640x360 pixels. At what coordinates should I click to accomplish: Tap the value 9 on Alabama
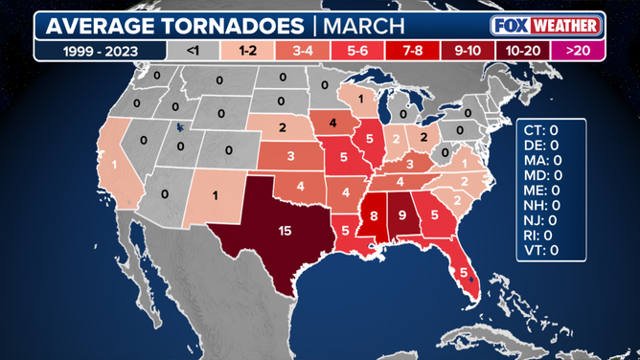tap(403, 214)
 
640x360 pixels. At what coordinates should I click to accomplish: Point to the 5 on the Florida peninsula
tap(464, 273)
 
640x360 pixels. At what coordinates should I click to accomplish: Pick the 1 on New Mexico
tap(215, 195)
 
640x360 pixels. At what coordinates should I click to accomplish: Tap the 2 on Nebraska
tap(282, 127)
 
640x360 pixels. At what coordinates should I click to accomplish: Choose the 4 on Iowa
tap(333, 123)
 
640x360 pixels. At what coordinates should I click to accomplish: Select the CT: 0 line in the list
tap(541, 128)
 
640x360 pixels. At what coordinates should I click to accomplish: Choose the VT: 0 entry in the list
tap(541, 249)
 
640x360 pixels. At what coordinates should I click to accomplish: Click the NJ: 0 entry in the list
tap(541, 219)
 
